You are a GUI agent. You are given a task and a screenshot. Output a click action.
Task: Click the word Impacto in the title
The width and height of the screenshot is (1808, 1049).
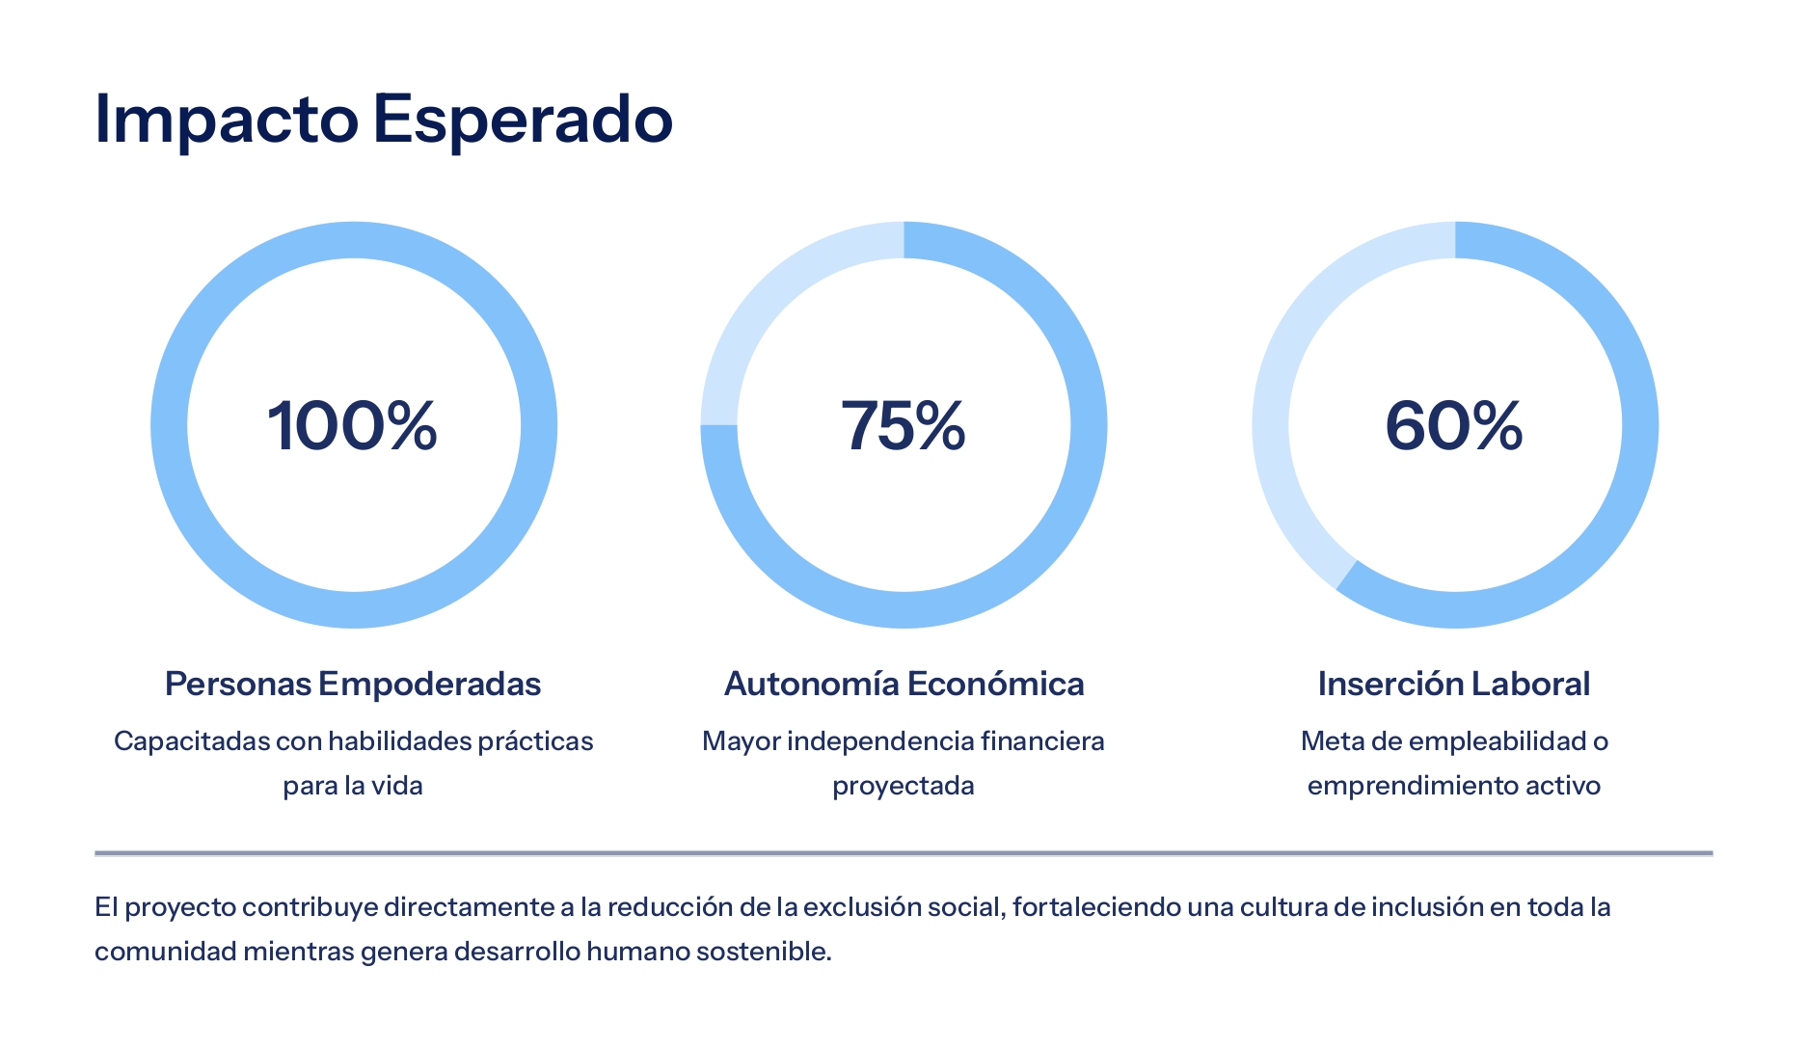point(227,120)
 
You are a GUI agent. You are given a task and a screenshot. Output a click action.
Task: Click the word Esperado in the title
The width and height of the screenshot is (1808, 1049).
point(522,120)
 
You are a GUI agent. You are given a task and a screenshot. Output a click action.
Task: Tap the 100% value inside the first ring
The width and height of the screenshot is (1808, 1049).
point(353,425)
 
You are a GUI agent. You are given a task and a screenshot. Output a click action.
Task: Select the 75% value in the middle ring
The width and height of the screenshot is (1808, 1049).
point(904,425)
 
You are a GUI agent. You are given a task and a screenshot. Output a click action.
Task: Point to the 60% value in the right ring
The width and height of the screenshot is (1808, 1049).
point(1454,425)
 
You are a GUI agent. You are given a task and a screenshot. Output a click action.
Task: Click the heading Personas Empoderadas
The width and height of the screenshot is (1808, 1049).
point(353,684)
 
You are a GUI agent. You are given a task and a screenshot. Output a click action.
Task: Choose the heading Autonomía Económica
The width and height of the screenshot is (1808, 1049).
point(904,684)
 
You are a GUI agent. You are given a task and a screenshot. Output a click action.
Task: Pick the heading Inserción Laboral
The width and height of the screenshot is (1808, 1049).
point(1454,684)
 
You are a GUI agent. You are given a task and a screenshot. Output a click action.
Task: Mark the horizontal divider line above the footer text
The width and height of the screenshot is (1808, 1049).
point(904,853)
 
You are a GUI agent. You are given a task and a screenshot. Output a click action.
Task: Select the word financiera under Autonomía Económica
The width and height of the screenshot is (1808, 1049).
point(1042,741)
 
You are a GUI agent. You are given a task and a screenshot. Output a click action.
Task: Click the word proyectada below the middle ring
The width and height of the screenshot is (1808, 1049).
point(904,786)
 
